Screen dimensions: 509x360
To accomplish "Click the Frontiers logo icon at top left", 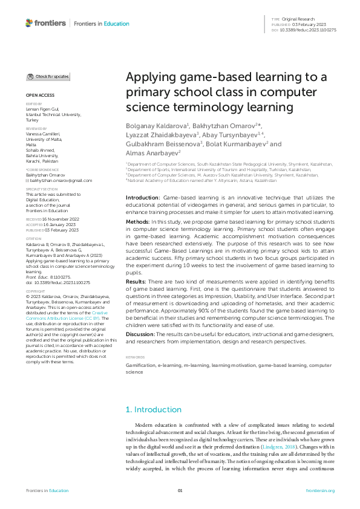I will (30, 23).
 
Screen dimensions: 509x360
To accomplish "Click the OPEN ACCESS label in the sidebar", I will (40, 96).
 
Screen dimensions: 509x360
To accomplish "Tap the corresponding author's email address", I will (54, 180).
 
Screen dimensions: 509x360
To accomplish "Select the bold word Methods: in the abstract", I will (139, 206).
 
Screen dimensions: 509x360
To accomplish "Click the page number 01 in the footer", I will (180, 490).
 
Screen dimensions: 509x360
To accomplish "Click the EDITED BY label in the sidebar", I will (34, 103).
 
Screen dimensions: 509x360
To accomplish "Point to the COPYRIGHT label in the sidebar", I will (35, 290).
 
